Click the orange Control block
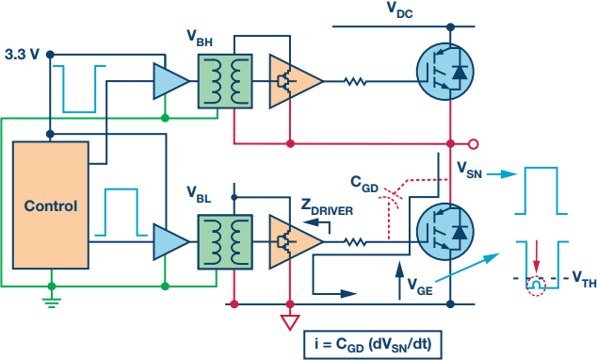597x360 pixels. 51,205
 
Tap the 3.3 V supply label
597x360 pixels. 22,55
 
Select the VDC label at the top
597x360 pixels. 400,9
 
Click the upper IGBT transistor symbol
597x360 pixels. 445,72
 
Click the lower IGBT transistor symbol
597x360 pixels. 445,232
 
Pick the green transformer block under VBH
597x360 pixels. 225,81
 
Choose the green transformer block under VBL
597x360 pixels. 225,242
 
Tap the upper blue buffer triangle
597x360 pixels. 171,81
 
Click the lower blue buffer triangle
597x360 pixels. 171,242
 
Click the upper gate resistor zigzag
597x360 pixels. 355,81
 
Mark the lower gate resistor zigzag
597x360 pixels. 355,242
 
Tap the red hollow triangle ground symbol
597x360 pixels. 290,322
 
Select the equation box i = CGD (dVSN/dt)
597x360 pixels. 373,345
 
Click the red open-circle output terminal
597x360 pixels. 474,144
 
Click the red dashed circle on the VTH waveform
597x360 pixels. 536,286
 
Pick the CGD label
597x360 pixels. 364,184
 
